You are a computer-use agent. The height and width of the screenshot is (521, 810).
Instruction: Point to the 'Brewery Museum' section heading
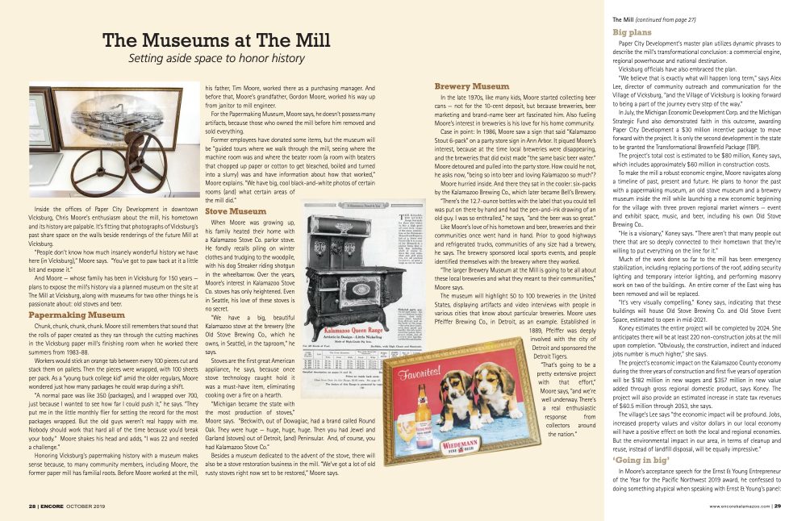pos(471,86)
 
